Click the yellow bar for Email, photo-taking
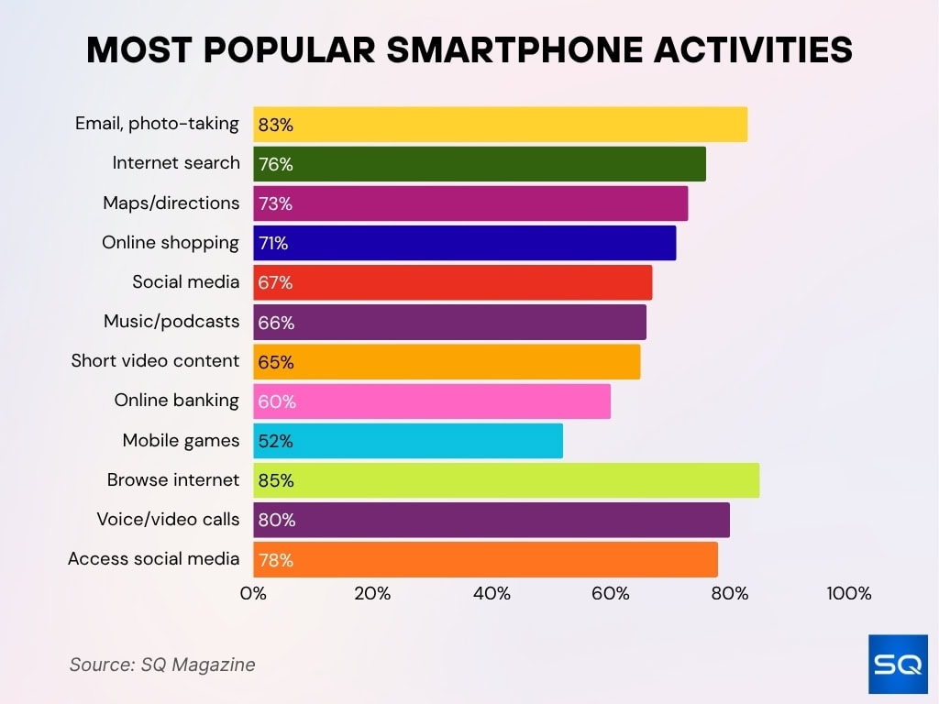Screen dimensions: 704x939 pyautogui.click(x=500, y=124)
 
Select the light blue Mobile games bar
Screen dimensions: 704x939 pyautogui.click(x=408, y=441)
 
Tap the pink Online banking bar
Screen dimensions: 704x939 pyautogui.click(x=432, y=401)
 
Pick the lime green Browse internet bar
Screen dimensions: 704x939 pyautogui.click(x=506, y=480)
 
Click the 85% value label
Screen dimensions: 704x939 pyautogui.click(x=276, y=480)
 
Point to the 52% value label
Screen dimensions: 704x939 pyautogui.click(x=275, y=441)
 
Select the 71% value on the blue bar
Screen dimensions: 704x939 pyautogui.click(x=273, y=243)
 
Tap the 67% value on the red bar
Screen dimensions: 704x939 pyautogui.click(x=275, y=282)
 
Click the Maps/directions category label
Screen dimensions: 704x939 pyautogui.click(x=171, y=203)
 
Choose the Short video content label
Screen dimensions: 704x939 pyautogui.click(x=155, y=360)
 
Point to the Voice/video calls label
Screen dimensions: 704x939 pyautogui.click(x=168, y=519)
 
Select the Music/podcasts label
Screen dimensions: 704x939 pyautogui.click(x=171, y=321)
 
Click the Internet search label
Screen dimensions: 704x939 pyautogui.click(x=176, y=163)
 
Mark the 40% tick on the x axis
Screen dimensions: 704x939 pyautogui.click(x=492, y=594)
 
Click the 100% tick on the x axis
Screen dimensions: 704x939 pyautogui.click(x=848, y=594)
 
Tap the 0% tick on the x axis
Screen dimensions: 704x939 pyautogui.click(x=253, y=594)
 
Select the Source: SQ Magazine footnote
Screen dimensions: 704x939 pyautogui.click(x=162, y=665)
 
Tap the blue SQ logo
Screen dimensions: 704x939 pyautogui.click(x=898, y=663)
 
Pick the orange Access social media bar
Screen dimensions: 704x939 pyautogui.click(x=485, y=559)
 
